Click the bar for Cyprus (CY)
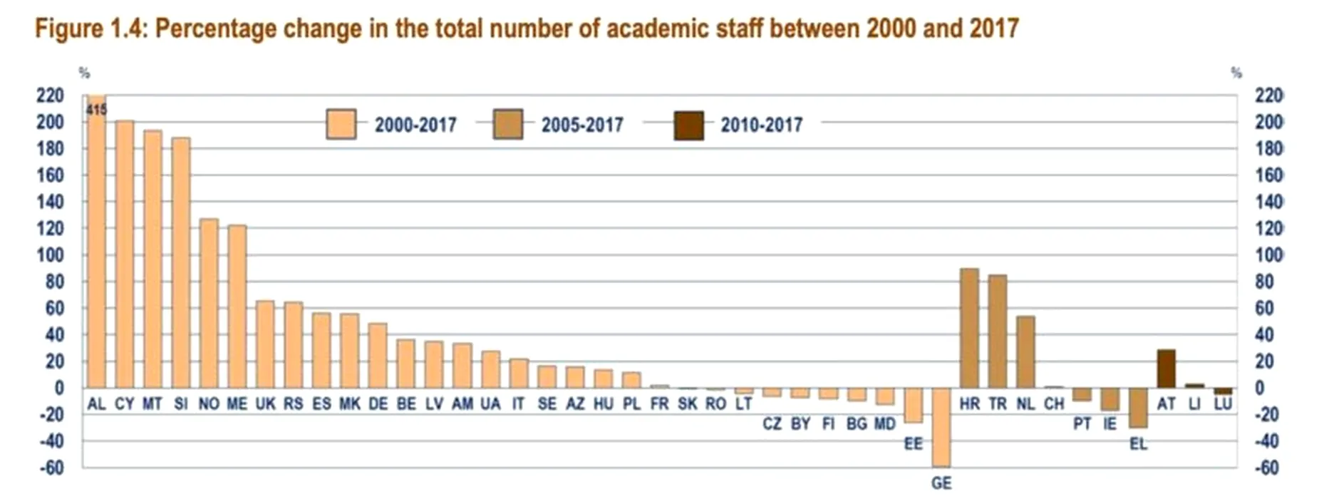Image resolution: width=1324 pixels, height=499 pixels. (125, 254)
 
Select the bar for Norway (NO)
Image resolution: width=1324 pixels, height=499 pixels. (209, 303)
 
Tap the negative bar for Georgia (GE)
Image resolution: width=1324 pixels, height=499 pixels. (941, 427)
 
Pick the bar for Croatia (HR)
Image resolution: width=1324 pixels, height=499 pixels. (969, 328)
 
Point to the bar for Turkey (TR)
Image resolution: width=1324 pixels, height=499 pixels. (998, 331)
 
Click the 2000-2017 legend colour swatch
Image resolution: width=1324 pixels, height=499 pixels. (341, 125)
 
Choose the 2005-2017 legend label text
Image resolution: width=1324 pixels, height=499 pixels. (581, 125)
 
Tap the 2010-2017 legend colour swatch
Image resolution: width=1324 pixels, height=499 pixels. (688, 125)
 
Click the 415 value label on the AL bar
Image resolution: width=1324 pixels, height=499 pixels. (96, 110)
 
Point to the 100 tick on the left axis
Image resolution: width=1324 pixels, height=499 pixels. (50, 255)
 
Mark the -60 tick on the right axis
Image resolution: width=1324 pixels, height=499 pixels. (1268, 468)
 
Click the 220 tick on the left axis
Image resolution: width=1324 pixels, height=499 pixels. (50, 96)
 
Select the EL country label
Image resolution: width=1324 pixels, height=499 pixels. (1138, 444)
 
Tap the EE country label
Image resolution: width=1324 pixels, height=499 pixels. (913, 444)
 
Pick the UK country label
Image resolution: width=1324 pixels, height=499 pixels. (265, 404)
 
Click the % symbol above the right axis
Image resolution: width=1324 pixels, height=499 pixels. (1236, 73)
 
